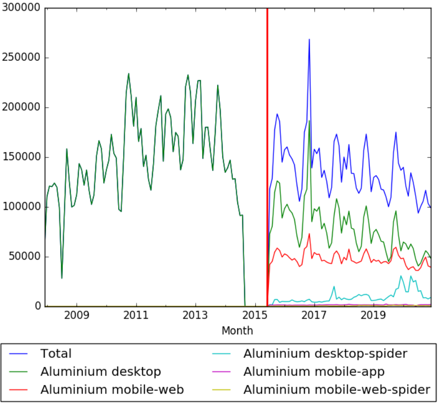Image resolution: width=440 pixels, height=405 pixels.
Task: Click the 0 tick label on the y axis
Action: [37, 306]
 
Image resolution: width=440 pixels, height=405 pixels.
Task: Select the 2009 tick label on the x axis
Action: [77, 316]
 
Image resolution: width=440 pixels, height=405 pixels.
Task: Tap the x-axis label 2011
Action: [137, 316]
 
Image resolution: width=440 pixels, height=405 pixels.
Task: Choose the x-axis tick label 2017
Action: [314, 316]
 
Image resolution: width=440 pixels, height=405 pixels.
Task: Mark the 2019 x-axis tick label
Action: [374, 316]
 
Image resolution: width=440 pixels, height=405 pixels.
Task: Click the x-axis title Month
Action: [237, 331]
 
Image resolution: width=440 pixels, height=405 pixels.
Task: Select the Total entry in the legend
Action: [56, 354]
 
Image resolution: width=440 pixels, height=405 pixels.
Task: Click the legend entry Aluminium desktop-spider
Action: [325, 354]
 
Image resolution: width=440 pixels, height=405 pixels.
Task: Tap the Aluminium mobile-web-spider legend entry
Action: [336, 390]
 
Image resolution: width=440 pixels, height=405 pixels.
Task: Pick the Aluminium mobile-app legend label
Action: [313, 372]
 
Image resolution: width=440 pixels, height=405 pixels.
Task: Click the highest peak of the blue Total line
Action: [309, 39]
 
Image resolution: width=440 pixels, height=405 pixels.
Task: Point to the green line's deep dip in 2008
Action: [62, 278]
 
